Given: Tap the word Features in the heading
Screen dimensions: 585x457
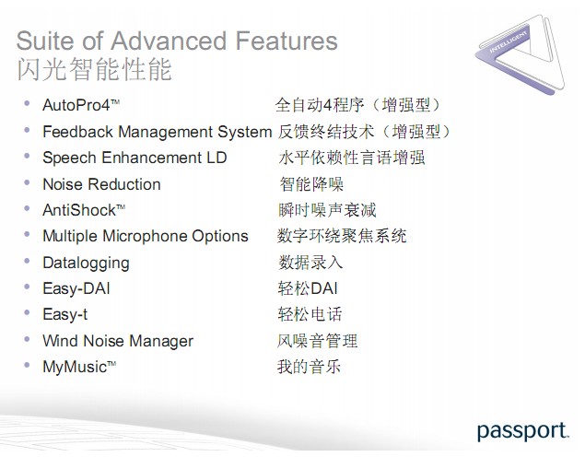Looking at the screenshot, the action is (x=287, y=41).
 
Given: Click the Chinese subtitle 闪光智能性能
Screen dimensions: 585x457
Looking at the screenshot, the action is (x=94, y=69).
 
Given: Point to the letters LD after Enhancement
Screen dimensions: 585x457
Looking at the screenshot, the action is (x=216, y=158).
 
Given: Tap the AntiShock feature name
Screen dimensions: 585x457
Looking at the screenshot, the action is (x=84, y=210).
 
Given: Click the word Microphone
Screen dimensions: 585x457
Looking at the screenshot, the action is (x=145, y=237).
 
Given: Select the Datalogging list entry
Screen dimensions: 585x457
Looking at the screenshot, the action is (x=87, y=263).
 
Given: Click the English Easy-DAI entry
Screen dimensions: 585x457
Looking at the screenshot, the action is (x=76, y=288).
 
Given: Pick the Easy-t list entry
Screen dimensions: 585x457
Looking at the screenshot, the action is (x=64, y=314).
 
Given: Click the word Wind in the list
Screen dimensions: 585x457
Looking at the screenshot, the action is (x=61, y=341).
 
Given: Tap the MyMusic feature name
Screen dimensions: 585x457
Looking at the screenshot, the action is (x=79, y=367).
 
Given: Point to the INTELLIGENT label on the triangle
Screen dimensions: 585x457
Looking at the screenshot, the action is (x=508, y=41).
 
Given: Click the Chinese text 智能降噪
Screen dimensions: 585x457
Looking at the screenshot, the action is (x=311, y=184).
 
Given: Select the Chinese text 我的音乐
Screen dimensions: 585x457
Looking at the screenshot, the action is (x=309, y=367).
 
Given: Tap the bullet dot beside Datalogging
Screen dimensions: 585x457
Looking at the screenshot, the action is (x=27, y=261).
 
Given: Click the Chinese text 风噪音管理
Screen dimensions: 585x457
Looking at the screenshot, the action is (x=317, y=341).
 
